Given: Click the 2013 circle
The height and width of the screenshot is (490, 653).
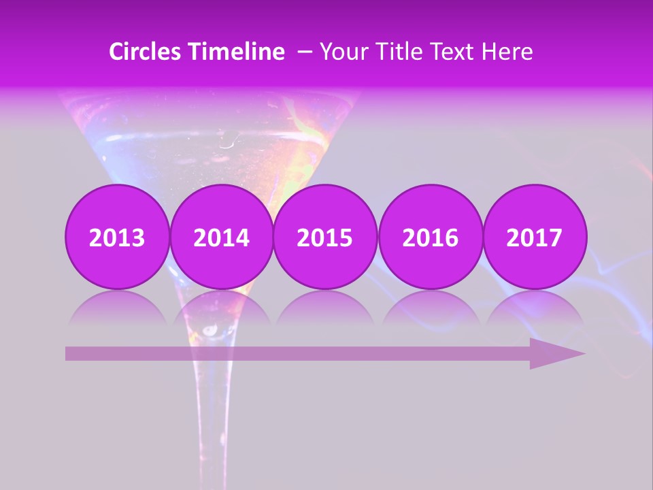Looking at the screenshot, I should coord(117,238).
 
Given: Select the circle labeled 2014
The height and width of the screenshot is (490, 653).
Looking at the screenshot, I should coord(221,238).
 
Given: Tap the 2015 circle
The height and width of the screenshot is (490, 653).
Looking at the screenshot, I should coord(325,238).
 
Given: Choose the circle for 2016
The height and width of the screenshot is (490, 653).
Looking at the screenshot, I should coord(430,238).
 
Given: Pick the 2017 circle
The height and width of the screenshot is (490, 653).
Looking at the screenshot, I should coord(534,238).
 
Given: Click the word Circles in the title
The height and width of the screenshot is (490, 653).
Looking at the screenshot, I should coord(146,52).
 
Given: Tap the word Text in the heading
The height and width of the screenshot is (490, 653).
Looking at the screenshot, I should coord(450,52).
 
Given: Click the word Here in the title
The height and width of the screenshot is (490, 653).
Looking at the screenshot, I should coord(507,52).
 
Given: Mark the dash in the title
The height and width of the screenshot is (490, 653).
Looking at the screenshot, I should coord(305,52).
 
